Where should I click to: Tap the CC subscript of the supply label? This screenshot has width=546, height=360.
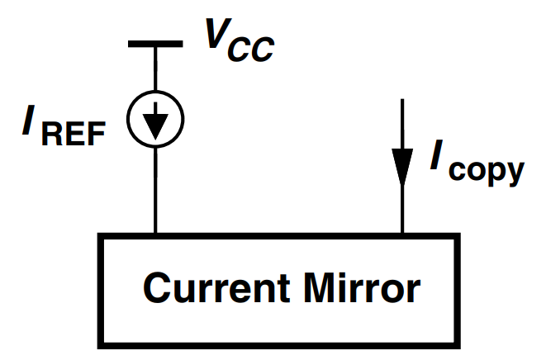(251, 50)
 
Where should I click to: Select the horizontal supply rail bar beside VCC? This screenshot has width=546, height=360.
(154, 43)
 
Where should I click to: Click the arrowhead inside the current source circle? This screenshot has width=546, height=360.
(154, 124)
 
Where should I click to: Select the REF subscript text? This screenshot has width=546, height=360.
(74, 134)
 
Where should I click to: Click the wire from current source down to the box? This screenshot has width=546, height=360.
(154, 190)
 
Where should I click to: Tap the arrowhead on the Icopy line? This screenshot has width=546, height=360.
(402, 170)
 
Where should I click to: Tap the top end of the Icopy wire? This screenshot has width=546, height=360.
(402, 101)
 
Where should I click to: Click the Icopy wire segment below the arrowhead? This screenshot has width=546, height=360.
(402, 211)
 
